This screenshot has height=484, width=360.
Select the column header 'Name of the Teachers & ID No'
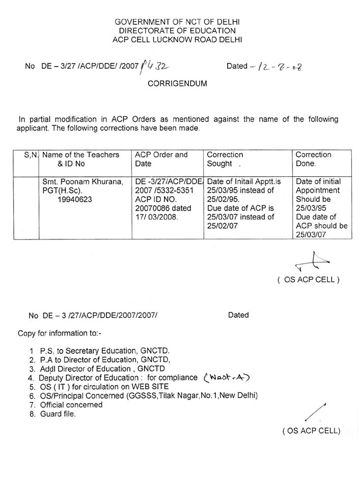[x=81, y=159]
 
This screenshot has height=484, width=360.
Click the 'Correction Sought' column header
[x=225, y=159]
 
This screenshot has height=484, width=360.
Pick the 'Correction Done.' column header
[x=313, y=159]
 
